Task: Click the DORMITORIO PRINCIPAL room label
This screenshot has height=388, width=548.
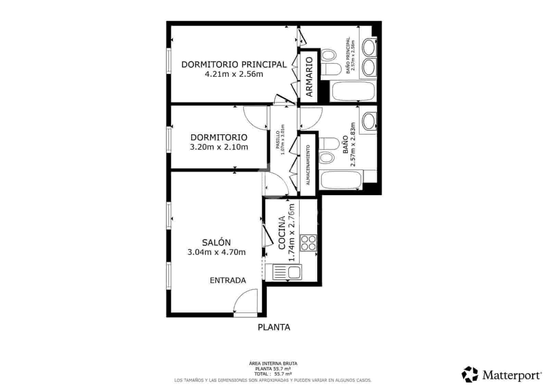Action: coord(234,64)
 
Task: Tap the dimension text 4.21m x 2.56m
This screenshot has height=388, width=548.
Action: coord(234,74)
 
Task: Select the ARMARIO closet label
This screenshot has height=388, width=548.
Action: coord(309,77)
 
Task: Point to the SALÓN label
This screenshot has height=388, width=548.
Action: coord(216,243)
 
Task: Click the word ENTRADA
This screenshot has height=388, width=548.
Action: coord(228,280)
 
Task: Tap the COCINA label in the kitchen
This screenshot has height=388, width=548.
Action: coord(282,232)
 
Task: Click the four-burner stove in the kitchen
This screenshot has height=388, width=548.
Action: coord(308,243)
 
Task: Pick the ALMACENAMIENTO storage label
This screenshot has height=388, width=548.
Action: coord(308,165)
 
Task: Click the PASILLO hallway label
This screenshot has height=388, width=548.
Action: coord(278,140)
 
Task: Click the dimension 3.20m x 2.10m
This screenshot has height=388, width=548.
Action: coord(219,147)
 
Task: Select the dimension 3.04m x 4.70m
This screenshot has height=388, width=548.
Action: coord(216,252)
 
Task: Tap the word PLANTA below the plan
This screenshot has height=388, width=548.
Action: coord(274,327)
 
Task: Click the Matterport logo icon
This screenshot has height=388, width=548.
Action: coord(470,374)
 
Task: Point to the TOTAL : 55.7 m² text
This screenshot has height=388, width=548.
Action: coord(273,374)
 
